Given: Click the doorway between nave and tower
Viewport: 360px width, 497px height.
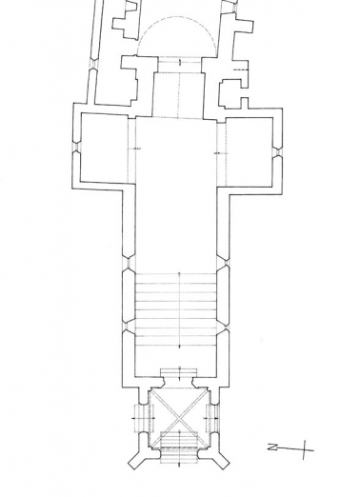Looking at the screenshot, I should coord(178,376).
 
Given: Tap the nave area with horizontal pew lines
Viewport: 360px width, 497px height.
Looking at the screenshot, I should coord(177,301).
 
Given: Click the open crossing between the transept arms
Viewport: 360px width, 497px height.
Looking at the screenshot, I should coord(178,152).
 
